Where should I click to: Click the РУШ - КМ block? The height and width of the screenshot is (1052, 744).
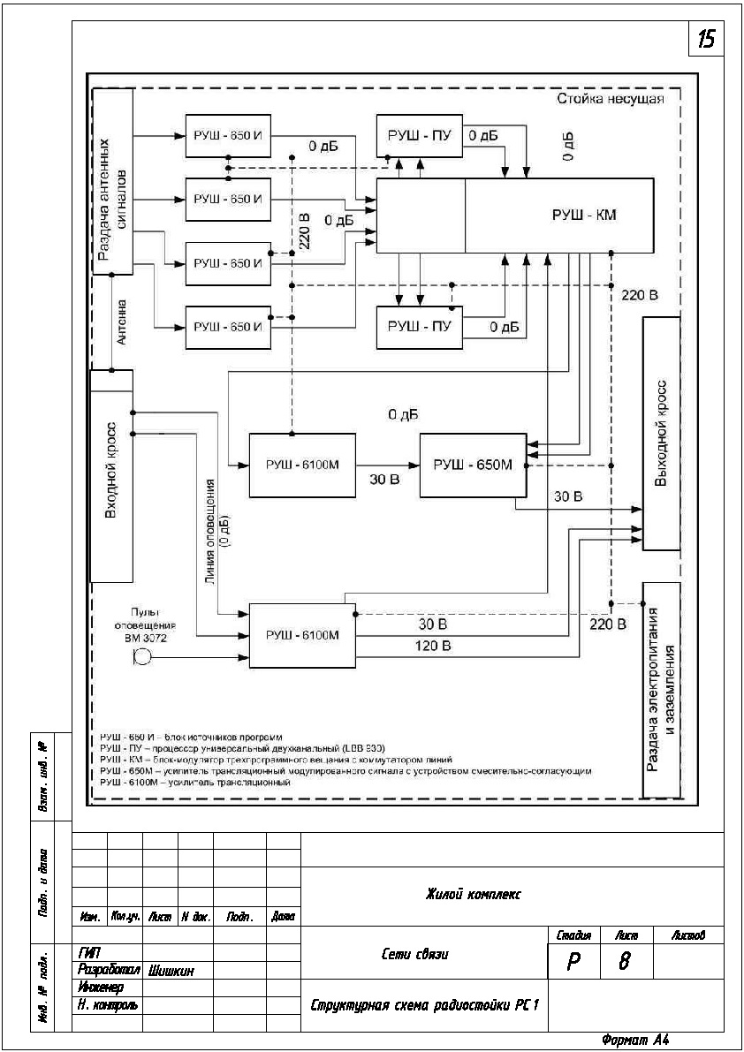(x=558, y=215)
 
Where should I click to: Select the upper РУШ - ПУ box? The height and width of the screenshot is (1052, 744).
(x=420, y=136)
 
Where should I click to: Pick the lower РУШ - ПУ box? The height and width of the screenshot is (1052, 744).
(x=420, y=327)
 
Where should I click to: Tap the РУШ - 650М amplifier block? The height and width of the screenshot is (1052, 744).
(x=472, y=465)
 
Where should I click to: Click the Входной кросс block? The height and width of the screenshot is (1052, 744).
(x=112, y=475)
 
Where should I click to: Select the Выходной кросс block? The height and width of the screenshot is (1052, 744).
(x=661, y=433)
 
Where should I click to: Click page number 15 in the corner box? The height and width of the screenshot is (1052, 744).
(x=708, y=40)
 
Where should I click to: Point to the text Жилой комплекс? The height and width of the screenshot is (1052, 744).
(x=473, y=894)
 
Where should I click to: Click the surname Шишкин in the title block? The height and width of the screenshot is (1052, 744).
(x=171, y=971)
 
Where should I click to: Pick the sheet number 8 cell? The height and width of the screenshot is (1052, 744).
(x=623, y=960)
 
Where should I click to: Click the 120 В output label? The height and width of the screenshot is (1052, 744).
(x=433, y=647)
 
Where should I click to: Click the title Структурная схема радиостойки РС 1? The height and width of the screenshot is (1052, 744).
(x=424, y=1006)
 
